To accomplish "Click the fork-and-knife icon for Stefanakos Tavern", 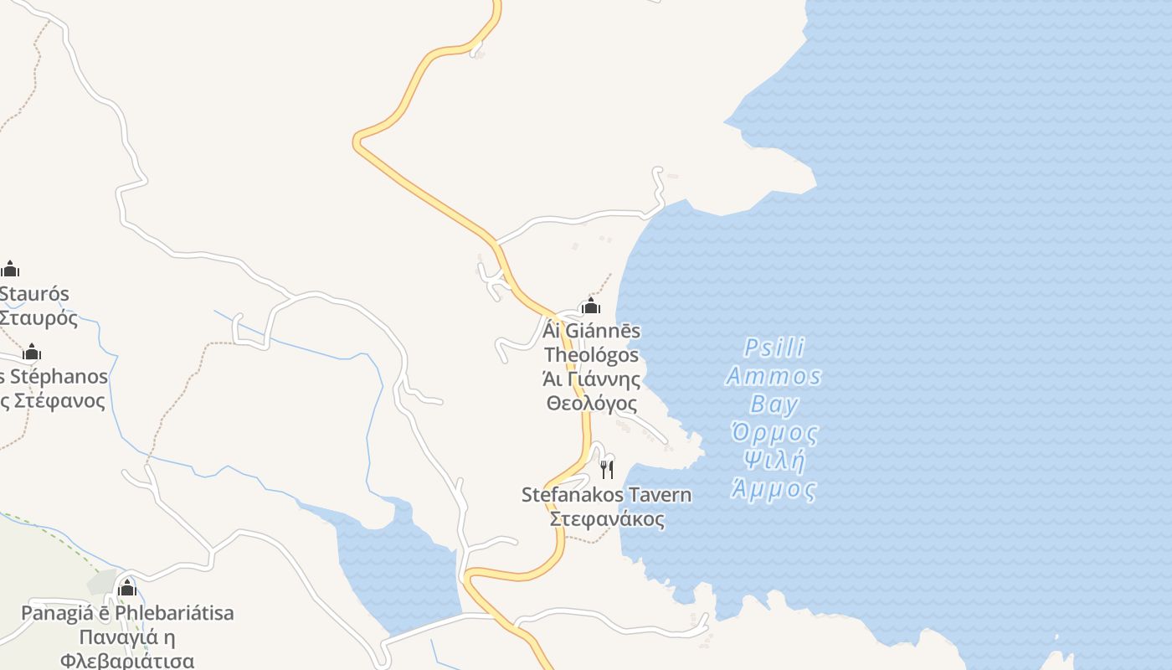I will click(x=607, y=469).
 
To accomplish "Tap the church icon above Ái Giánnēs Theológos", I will click(x=591, y=306).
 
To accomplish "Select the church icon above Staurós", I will click(x=10, y=269).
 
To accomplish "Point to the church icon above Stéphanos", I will click(x=32, y=352).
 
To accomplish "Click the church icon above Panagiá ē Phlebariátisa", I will click(x=127, y=587).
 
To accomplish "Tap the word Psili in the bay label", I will click(x=774, y=348).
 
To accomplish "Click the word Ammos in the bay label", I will click(x=774, y=376).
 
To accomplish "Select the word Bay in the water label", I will click(x=774, y=405).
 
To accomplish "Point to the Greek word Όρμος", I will click(x=774, y=433).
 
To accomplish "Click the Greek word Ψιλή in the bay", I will click(x=774, y=461).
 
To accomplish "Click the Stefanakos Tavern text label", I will click(x=607, y=495).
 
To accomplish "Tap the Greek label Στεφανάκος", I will click(x=607, y=519).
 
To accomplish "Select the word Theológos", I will click(x=591, y=355).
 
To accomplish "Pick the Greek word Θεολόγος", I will click(x=591, y=404).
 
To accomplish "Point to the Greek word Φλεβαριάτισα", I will click(x=127, y=661).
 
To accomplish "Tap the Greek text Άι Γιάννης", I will click(x=591, y=379).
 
